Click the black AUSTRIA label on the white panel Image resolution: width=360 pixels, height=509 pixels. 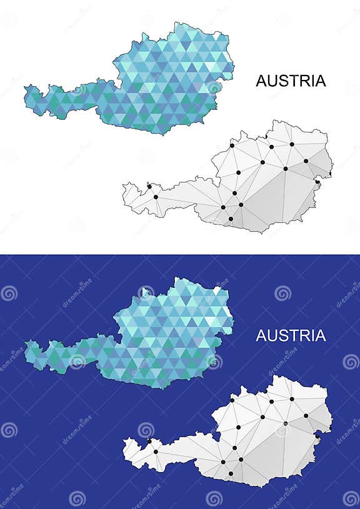pos(291,81)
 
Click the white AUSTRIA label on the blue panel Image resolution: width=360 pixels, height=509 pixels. pos(291,336)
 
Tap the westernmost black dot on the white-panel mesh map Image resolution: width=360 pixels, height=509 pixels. pos(149,185)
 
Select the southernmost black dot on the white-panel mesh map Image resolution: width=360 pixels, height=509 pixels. pos(231,219)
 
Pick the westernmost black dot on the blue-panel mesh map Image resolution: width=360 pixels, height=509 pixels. pos(149,441)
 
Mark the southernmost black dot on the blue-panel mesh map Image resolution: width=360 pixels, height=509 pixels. pos(231,473)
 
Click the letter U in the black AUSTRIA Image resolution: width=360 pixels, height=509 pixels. pos(272,81)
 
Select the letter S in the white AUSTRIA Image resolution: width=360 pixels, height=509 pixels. pos(283,336)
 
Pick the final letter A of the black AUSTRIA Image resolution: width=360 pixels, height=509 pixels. pos(320,81)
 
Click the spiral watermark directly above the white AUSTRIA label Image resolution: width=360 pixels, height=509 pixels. pos(282,293)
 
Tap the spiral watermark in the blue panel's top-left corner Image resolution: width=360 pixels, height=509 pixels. pos(9,293)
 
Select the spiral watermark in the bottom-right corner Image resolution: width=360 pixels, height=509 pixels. pos(351,498)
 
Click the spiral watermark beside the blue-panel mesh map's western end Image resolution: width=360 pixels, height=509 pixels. pos(146,430)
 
